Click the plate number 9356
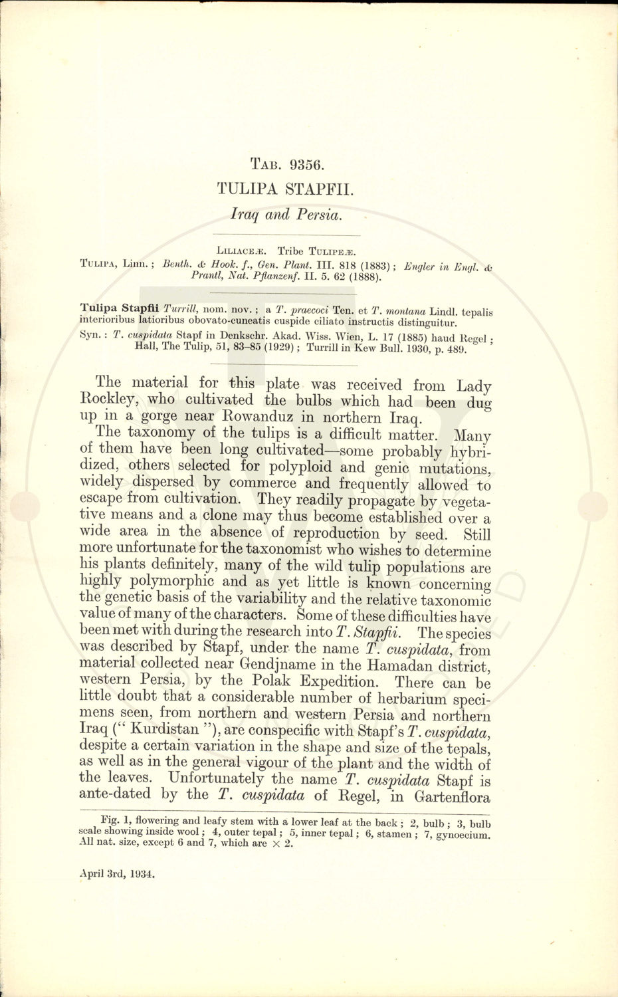click(304, 164)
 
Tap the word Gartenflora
click(453, 797)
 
